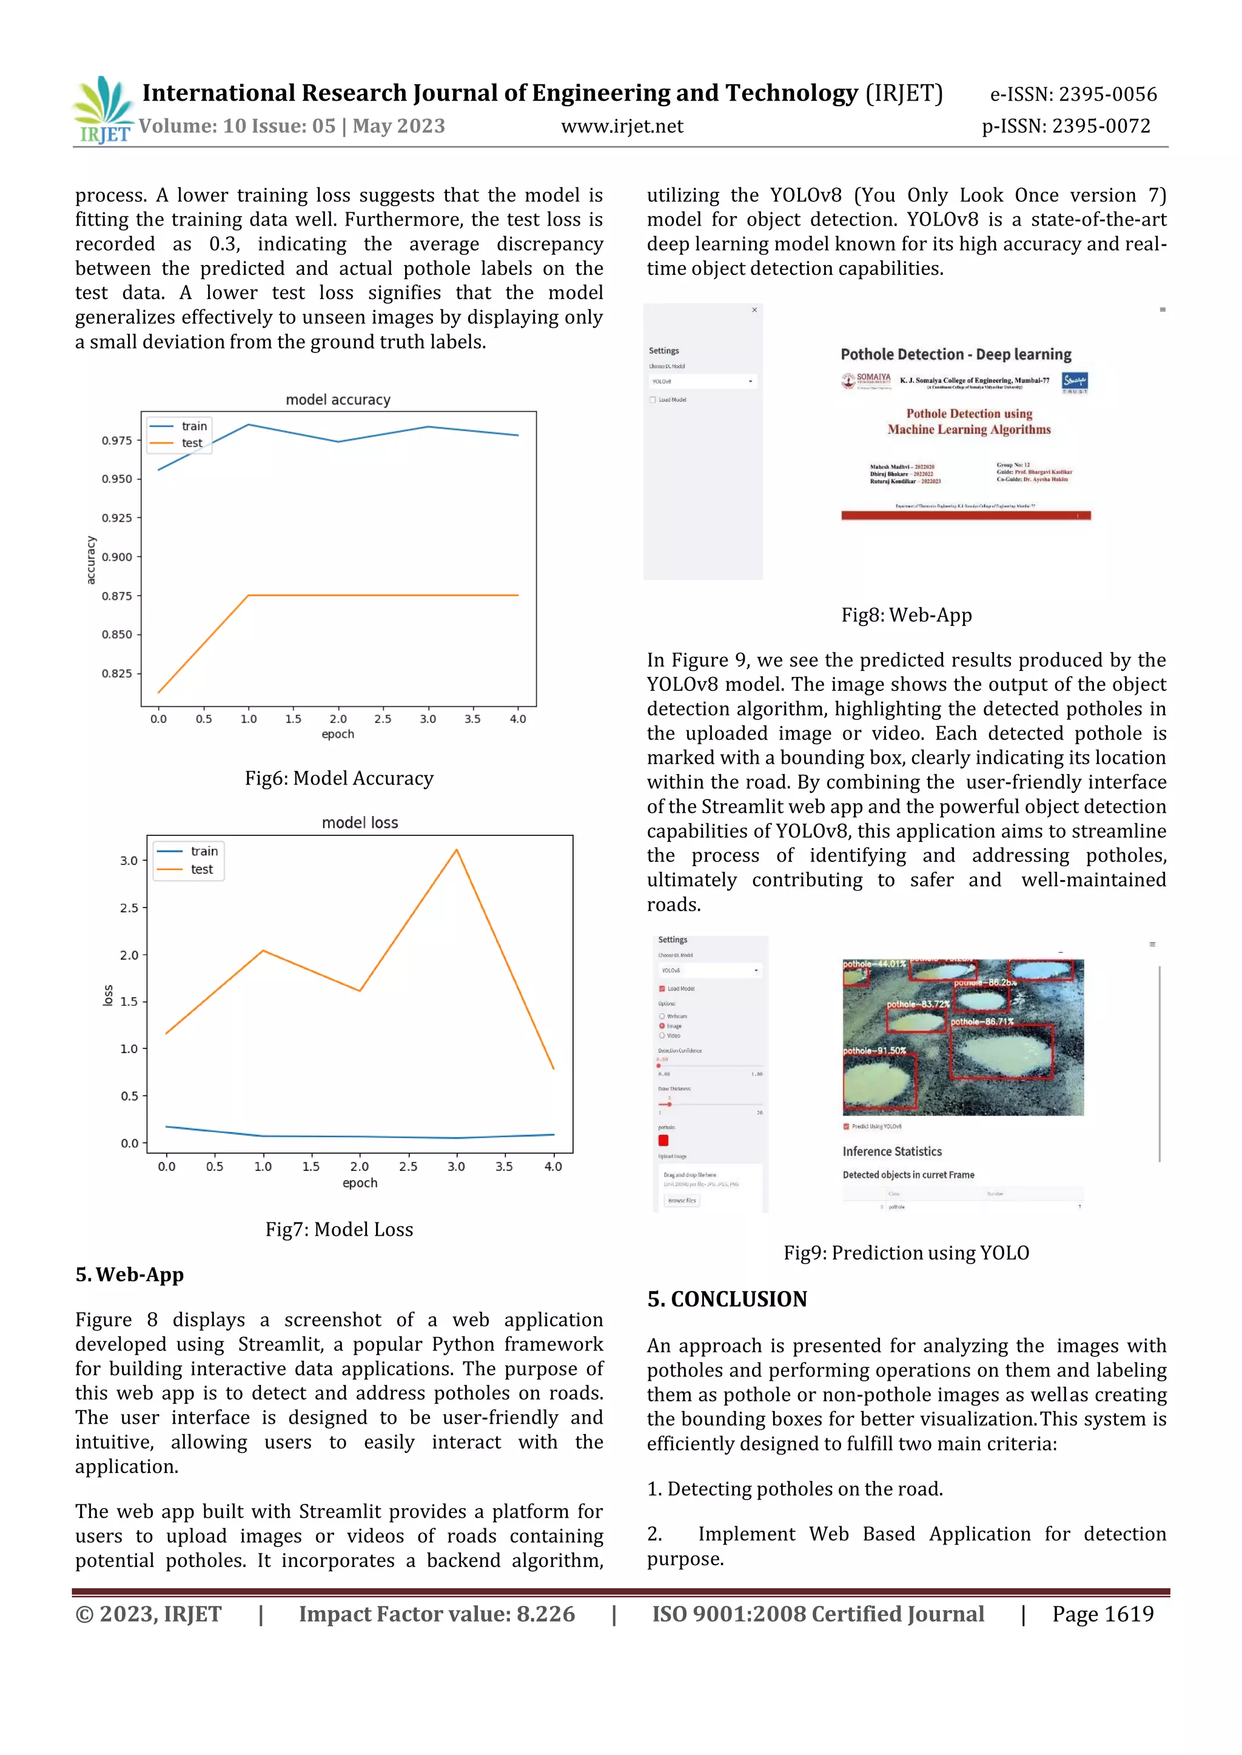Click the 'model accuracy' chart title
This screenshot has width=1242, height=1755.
[x=338, y=399]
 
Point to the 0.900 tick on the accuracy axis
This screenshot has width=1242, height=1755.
[x=117, y=557]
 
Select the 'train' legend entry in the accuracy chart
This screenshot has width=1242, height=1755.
[x=193, y=426]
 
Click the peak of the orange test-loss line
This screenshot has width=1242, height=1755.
[x=457, y=850]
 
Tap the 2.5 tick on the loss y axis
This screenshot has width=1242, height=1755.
[x=129, y=908]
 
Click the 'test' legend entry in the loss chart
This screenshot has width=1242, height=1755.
[x=201, y=870]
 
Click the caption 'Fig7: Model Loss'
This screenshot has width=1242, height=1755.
[x=339, y=1230]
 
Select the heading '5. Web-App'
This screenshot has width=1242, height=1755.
[x=129, y=1275]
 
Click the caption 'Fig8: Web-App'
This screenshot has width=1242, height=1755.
[x=906, y=615]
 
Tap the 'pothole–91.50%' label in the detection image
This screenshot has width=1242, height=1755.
[x=874, y=1051]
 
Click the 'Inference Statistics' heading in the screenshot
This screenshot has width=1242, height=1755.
[x=891, y=1151]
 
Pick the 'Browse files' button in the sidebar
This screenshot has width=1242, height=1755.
[x=682, y=1201]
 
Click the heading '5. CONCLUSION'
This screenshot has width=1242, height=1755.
[x=727, y=1299]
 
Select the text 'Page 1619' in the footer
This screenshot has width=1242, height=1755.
[x=1102, y=1614]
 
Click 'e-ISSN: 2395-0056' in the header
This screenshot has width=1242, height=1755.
[x=1073, y=94]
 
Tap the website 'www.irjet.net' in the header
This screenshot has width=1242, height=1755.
[x=622, y=126]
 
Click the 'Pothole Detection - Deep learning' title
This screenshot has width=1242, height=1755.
[x=955, y=354]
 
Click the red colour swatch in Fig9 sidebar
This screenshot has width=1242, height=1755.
[x=663, y=1140]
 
